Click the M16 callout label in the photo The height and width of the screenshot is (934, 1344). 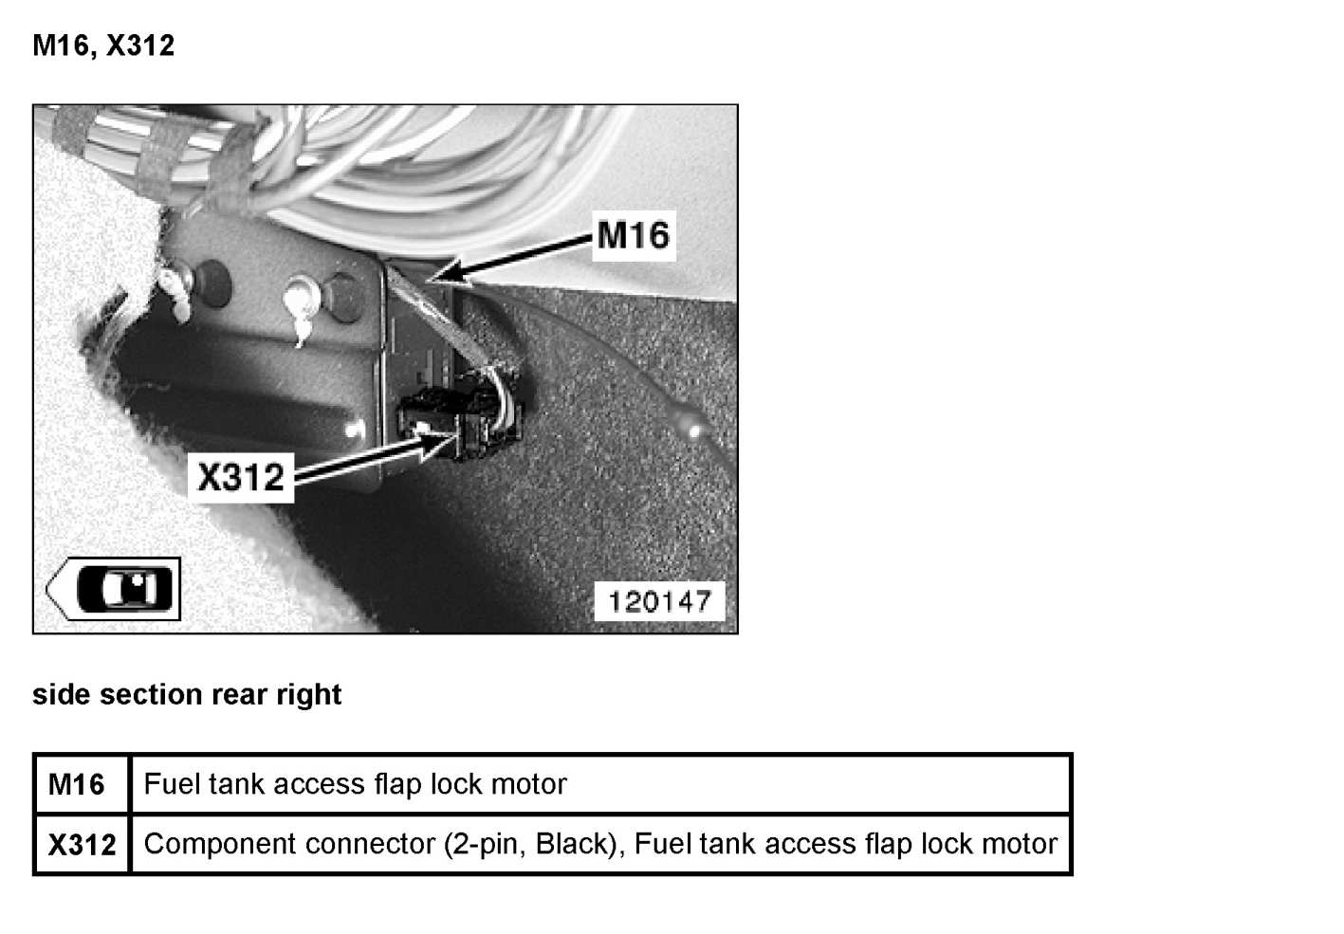(634, 234)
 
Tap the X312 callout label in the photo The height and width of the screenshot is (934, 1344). (240, 476)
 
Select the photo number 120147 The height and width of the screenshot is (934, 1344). (659, 601)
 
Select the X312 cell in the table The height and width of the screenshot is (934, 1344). (82, 844)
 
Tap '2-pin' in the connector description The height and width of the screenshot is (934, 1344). (489, 843)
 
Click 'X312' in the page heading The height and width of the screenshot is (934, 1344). (139, 46)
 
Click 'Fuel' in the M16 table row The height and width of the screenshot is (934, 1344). (172, 784)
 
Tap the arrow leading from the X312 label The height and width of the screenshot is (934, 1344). (360, 460)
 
